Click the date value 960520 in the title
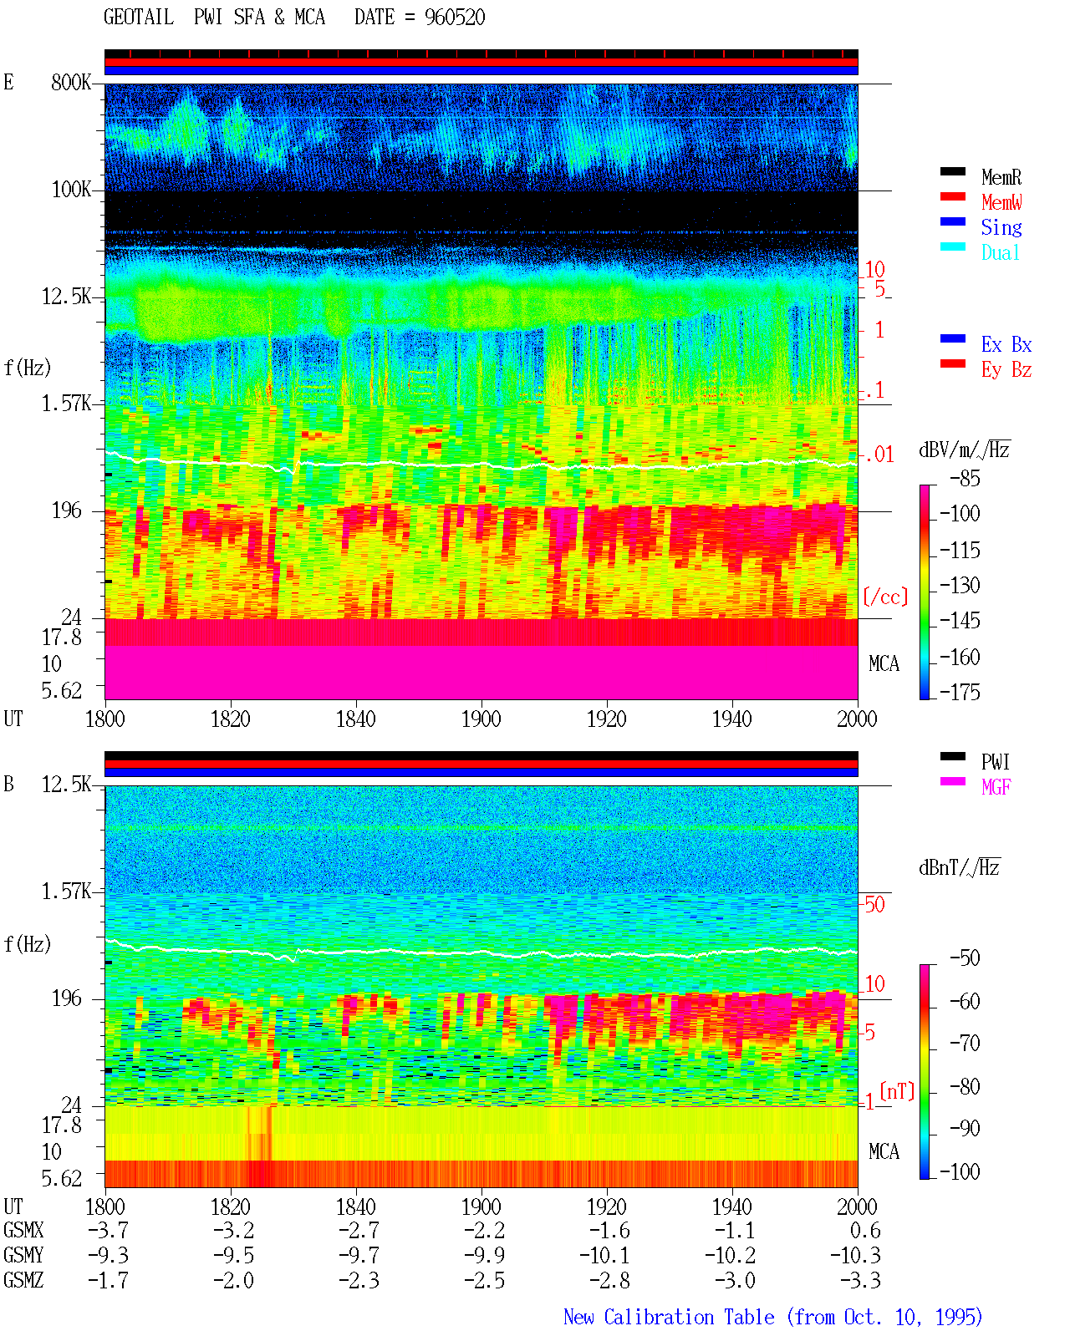coord(454,18)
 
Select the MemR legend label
coord(1001,177)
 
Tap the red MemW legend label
coord(1001,202)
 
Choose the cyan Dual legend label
coord(1000,252)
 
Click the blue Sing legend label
coord(1001,227)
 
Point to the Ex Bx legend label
coord(1006,344)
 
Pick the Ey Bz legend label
coord(1006,370)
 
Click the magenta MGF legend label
coord(996,787)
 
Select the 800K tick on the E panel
coord(71,82)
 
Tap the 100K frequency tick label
coord(71,190)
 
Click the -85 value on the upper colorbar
coord(965,479)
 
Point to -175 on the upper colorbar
coord(960,692)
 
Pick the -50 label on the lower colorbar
coord(965,958)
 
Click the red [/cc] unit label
coord(885,597)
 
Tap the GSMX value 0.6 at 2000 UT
coord(865,1231)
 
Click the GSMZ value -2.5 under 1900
coord(485,1280)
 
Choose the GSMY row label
coord(23,1256)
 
